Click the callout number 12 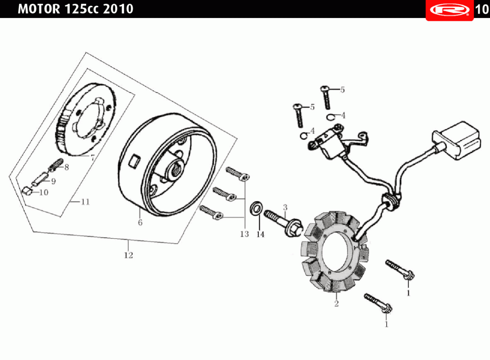click(x=128, y=255)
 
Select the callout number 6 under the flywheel click(x=140, y=223)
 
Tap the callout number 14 click(x=261, y=234)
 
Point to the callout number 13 click(x=244, y=234)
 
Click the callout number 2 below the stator click(x=336, y=304)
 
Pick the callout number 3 click(x=285, y=207)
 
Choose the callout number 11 click(x=85, y=202)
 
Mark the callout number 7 click(x=93, y=157)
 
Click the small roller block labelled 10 click(x=27, y=190)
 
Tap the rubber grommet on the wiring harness click(x=390, y=201)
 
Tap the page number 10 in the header click(x=481, y=9)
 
